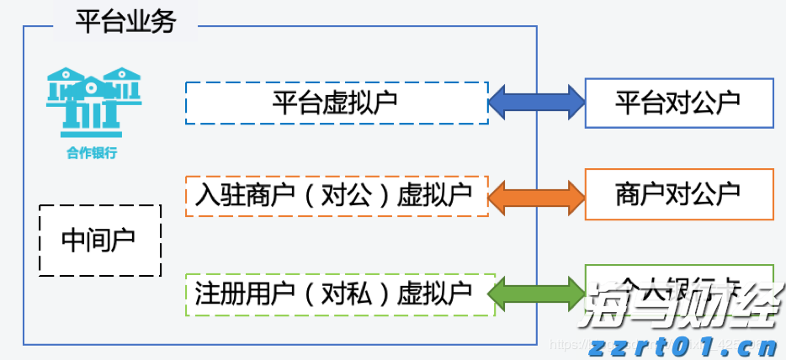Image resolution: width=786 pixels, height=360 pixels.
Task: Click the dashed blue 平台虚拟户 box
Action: click(336, 103)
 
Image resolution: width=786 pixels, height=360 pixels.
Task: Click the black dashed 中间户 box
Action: click(99, 241)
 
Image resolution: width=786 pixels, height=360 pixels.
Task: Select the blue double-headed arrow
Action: click(536, 102)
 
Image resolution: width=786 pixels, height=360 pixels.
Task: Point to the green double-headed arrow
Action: click(536, 294)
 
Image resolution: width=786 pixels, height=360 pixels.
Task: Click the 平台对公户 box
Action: click(678, 103)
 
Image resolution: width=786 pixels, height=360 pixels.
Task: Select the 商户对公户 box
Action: click(678, 194)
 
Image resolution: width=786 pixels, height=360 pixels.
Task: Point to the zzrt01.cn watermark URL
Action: click(682, 346)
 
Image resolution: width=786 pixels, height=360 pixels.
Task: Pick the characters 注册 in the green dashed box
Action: click(215, 294)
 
